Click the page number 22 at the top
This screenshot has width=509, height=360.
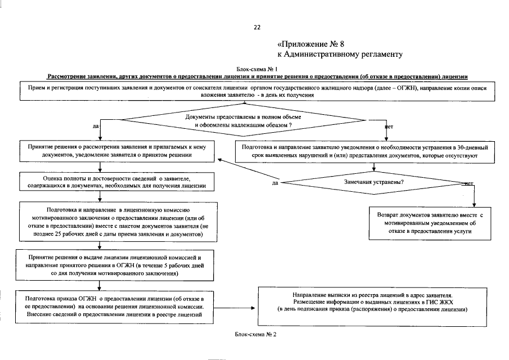pyautogui.click(x=257, y=27)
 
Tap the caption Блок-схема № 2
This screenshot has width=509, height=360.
pyautogui.click(x=256, y=334)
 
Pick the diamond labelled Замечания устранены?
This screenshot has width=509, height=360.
pyautogui.click(x=374, y=183)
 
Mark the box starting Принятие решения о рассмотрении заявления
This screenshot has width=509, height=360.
pyautogui.click(x=116, y=151)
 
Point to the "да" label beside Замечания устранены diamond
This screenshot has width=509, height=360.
pyautogui.click(x=276, y=183)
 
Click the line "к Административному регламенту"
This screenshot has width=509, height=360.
pyautogui.click(x=339, y=55)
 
